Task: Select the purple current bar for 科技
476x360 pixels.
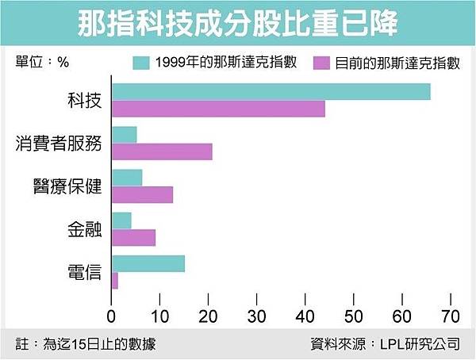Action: [x=219, y=109]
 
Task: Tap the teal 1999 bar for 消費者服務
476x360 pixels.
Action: [x=125, y=135]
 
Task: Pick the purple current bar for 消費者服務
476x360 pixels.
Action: [x=163, y=151]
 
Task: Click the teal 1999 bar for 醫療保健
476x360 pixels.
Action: [x=128, y=178]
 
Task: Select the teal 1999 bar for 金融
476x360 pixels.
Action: [x=122, y=220]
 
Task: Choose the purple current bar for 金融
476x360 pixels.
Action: [x=134, y=237]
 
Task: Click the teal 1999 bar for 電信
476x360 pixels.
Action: [x=148, y=263]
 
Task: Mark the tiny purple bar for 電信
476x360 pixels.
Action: [x=115, y=280]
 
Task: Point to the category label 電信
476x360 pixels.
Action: [x=85, y=272]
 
